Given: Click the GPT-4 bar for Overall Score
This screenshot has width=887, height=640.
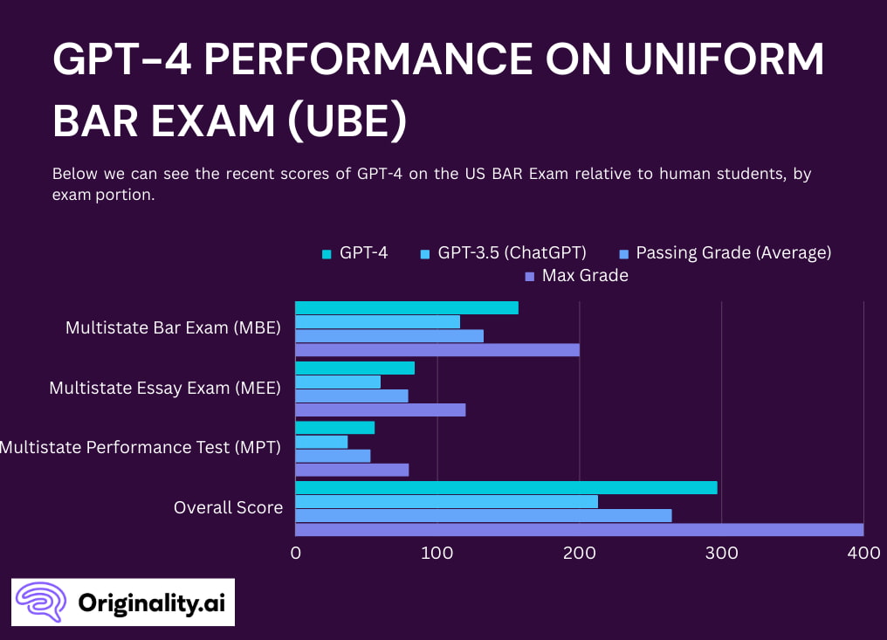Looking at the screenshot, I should point(506,487).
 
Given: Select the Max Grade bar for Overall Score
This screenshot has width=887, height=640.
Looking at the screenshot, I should point(579,529).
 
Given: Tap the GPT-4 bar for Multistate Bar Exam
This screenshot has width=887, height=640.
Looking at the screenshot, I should point(407,307).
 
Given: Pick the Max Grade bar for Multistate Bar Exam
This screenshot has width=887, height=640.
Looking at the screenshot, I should point(437,350).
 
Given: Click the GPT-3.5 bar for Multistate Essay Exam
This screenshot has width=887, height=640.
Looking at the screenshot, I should point(338,382).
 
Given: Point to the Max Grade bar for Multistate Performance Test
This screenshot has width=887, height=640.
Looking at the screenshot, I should point(352,470).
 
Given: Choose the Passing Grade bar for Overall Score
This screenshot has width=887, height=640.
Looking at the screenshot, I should point(484,515).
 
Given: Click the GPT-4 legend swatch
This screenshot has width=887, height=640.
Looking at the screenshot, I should point(327,254).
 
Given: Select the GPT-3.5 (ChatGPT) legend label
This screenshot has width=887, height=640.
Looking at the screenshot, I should point(512,253).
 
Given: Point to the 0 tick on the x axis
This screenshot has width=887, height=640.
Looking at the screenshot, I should point(296,553).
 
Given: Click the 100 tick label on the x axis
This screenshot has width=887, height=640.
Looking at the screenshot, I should point(437,553).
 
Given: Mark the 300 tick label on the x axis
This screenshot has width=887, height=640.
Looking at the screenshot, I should point(721,553).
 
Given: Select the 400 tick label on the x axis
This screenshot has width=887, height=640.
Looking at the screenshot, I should point(863,553).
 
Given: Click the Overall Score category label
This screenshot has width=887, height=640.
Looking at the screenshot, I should point(228,507).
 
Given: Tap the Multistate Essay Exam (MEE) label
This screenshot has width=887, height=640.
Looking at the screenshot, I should point(165,388).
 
